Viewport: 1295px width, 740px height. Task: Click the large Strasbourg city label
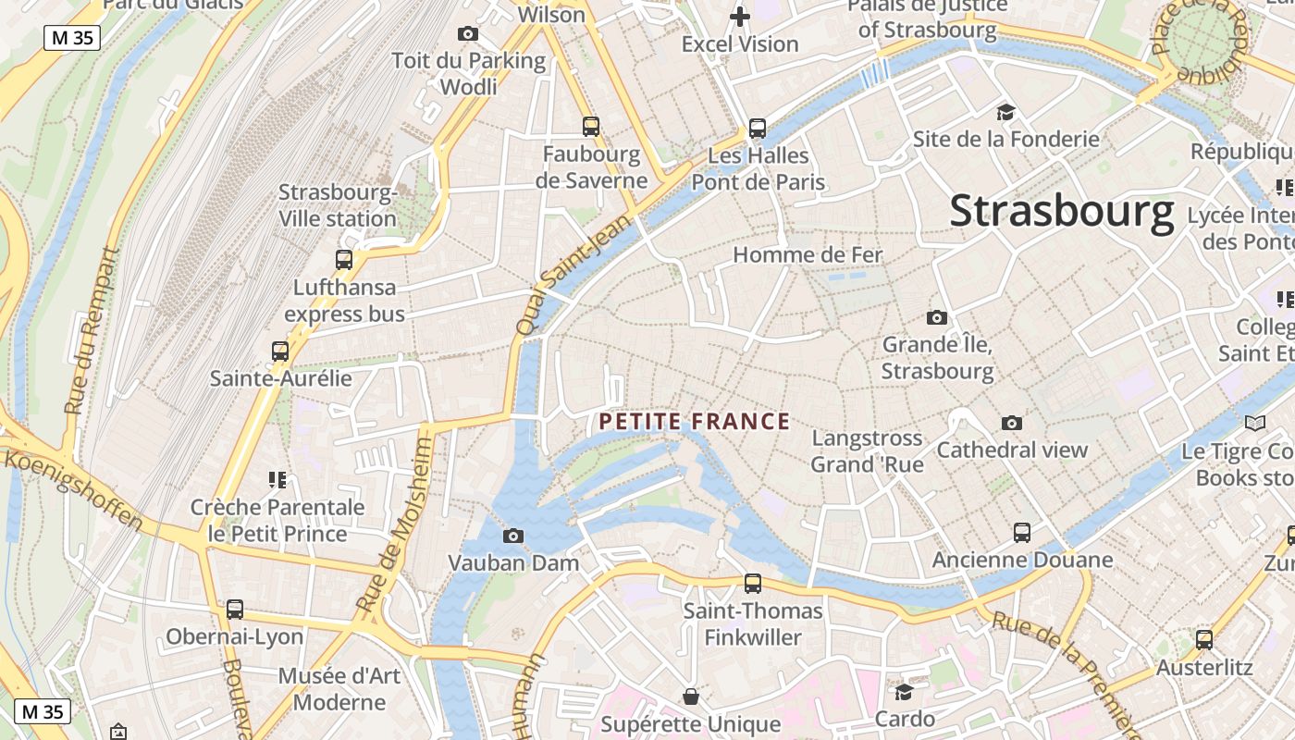coord(1062,211)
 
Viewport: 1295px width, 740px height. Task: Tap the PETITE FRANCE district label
coord(694,423)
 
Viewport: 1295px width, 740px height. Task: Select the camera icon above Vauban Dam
coord(513,536)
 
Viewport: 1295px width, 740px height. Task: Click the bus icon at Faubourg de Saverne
coord(591,127)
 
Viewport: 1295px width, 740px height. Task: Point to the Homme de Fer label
coord(808,254)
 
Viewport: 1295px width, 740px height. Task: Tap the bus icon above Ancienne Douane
coord(1022,533)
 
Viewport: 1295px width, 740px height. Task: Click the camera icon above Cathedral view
coord(1012,423)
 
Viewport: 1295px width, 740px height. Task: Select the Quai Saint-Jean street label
coord(573,275)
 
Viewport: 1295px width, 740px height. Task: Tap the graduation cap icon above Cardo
coord(904,692)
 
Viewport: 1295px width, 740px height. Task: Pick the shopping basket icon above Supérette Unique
coord(690,696)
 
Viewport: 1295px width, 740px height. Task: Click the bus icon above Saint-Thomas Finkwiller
coord(753,584)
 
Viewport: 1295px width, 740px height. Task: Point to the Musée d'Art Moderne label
coord(339,688)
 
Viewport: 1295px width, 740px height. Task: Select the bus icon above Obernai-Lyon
coord(235,610)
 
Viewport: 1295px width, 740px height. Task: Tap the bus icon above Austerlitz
coord(1204,640)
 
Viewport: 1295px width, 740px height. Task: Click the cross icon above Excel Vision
coord(740,17)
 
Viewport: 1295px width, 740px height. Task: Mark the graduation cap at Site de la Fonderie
coord(1005,113)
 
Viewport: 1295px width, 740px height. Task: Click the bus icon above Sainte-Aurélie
coord(280,351)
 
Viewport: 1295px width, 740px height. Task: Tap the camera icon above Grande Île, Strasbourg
coord(937,317)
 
